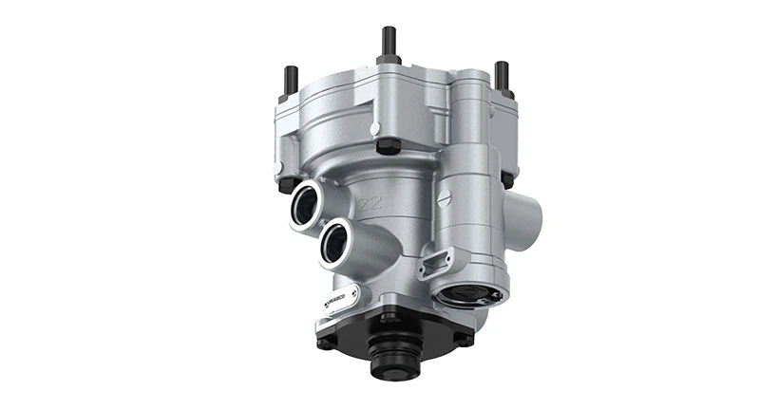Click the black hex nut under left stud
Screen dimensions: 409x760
click(x=282, y=172)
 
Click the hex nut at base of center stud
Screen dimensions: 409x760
click(x=388, y=60)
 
